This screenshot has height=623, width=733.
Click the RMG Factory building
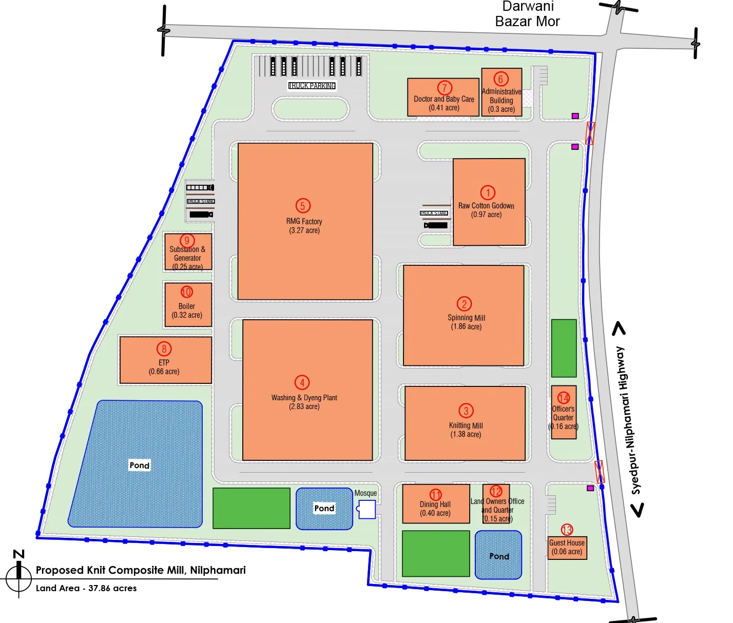[305, 257]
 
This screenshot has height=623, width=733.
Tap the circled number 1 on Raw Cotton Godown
[488, 192]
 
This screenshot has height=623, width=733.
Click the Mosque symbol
[366, 510]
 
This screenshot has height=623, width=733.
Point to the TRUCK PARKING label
[312, 86]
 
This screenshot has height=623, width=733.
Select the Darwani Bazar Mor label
[527, 14]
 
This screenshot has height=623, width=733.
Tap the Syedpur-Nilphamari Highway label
[628, 420]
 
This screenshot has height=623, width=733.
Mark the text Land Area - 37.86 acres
[86, 588]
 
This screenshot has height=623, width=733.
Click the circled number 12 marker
[496, 492]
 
